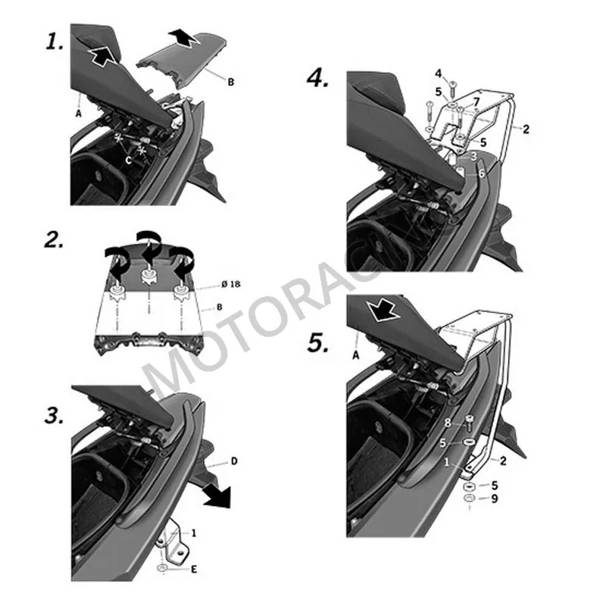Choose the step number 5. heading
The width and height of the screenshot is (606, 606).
coord(319,343)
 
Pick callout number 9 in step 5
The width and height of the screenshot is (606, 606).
coord(494,498)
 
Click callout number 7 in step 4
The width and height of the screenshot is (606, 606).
coord(475,101)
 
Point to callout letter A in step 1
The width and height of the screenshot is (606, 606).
coord(78,111)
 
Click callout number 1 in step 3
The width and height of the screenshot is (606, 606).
coord(193,533)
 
